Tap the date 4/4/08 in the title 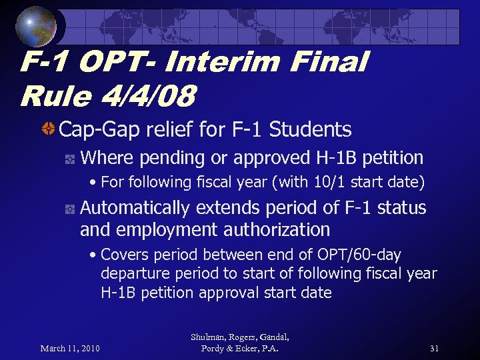pos(150,97)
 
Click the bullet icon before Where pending pos(69,159)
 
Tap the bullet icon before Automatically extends pos(69,209)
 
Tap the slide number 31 pos(435,348)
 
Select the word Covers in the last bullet pos(125,255)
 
